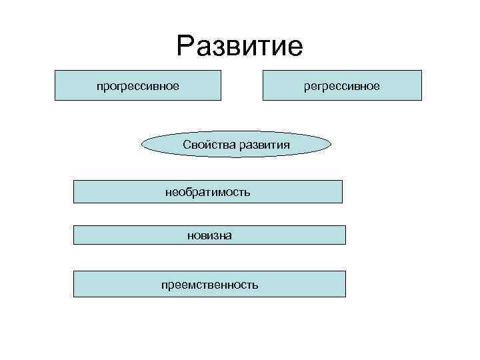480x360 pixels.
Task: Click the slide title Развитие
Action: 239,45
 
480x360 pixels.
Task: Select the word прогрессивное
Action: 137,86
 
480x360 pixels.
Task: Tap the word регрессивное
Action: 342,86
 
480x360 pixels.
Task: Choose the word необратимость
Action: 207,193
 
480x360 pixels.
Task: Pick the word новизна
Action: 209,235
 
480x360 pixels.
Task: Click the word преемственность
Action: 209,285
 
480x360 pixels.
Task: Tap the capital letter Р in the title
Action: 186,45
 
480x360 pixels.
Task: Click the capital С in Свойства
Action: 185,145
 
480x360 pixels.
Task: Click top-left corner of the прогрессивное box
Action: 55,71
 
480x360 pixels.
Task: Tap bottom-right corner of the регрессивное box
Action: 421,100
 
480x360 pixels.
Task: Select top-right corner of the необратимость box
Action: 342,181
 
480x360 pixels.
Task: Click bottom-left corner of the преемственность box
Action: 73,297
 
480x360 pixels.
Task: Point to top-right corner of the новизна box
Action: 346,225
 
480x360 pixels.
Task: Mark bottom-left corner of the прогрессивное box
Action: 55,100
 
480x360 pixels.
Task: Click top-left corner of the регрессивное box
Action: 263,71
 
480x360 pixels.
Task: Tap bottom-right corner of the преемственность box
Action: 346,297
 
